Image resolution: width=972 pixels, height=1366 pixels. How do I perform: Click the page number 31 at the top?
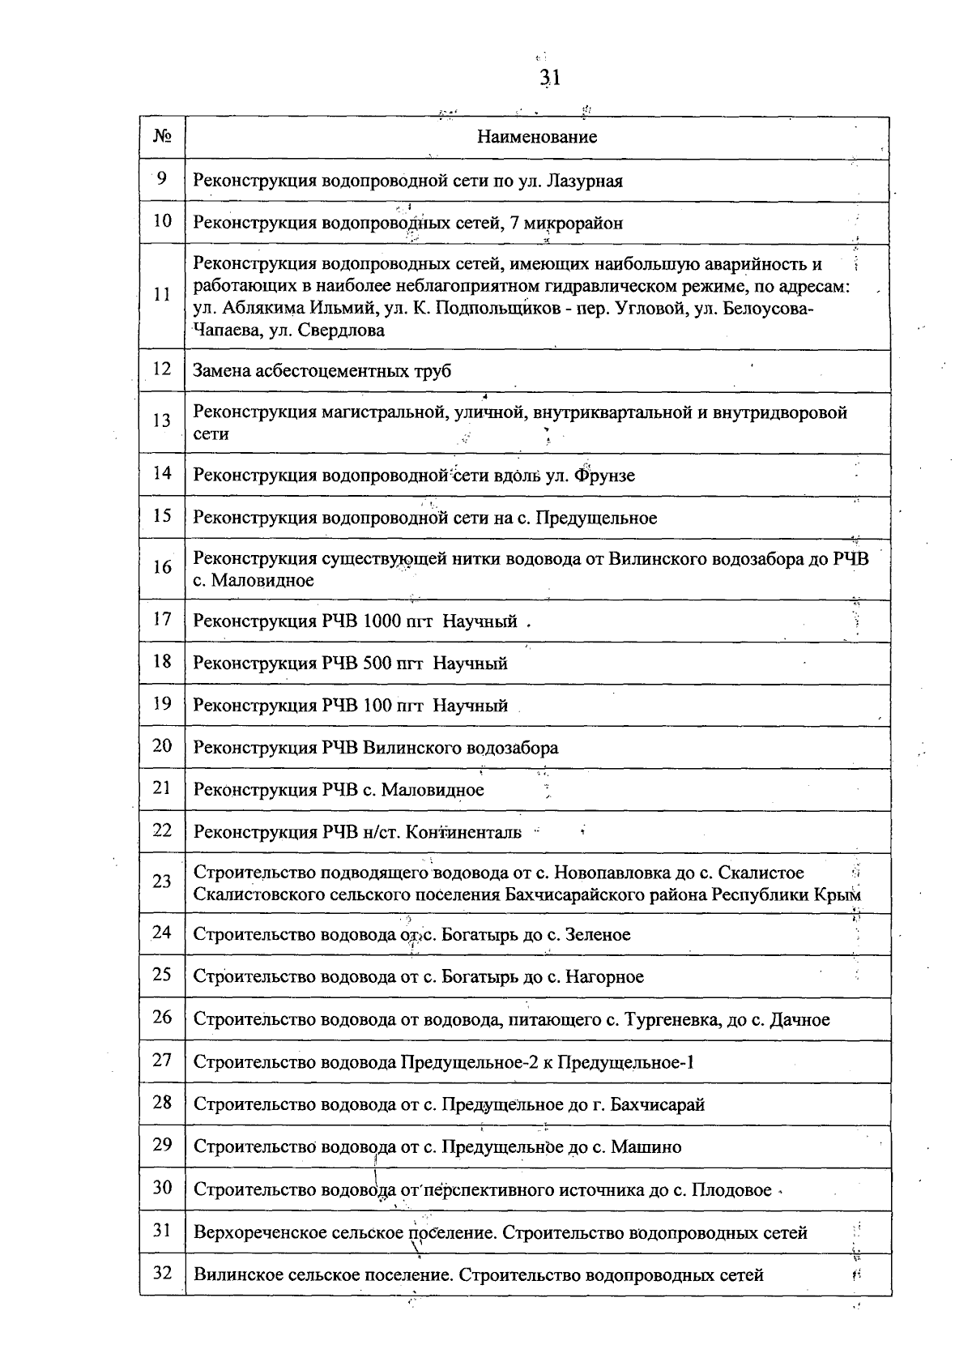550,78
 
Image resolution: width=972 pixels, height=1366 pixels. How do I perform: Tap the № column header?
162,136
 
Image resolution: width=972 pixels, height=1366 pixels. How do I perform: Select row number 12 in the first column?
162,369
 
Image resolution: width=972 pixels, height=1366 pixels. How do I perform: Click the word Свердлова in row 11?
341,331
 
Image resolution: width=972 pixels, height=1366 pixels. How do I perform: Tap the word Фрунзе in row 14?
604,476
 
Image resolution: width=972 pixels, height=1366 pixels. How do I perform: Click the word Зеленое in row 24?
597,935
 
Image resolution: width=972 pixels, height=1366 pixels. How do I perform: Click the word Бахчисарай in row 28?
657,1104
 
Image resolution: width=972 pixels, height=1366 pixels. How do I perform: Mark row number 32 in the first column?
162,1274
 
